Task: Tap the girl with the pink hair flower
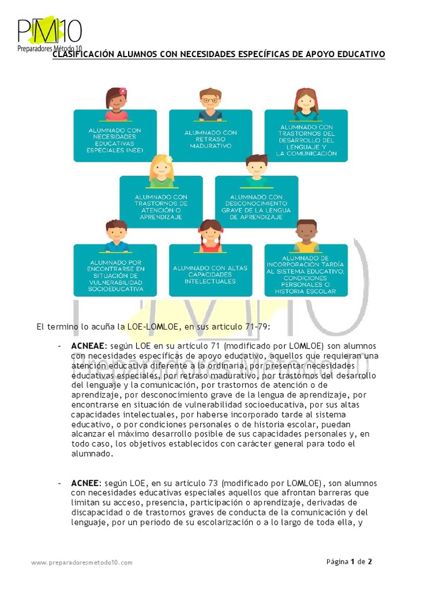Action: [117, 103]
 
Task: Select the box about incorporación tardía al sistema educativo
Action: [306, 275]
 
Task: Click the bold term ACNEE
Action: [86, 482]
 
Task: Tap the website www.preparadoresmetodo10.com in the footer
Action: [82, 562]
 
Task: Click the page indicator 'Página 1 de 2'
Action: [350, 562]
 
